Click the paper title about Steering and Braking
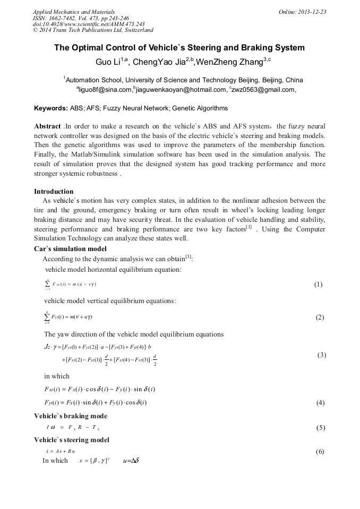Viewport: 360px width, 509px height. click(x=179, y=48)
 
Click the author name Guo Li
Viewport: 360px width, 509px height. click(x=108, y=62)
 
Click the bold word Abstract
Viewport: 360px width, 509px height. click(x=47, y=127)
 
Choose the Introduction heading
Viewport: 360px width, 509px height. click(x=54, y=191)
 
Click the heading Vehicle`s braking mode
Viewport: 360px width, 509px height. click(x=71, y=416)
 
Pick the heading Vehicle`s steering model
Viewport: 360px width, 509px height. click(x=72, y=440)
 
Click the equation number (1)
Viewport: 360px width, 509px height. click(x=318, y=284)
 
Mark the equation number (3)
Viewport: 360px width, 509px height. click(x=321, y=355)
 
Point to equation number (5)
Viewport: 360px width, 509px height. click(x=320, y=428)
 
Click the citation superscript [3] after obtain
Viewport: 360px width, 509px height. click(x=188, y=257)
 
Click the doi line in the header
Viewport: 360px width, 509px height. click(x=89, y=24)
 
